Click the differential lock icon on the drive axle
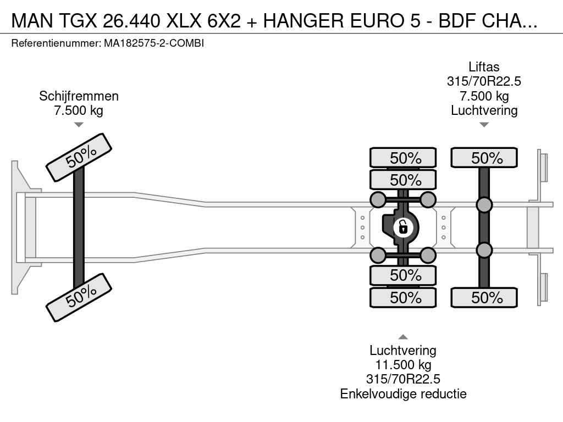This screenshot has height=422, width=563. [x=403, y=227]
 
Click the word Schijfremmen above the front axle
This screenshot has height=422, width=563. [x=79, y=96]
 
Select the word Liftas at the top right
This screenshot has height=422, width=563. [x=484, y=66]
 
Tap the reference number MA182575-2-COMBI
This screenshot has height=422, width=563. [x=154, y=43]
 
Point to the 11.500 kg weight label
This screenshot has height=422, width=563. [x=403, y=365]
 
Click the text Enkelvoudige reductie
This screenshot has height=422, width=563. [x=403, y=394]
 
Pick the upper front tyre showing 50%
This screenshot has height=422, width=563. [x=79, y=158]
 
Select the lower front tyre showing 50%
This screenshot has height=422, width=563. [x=79, y=297]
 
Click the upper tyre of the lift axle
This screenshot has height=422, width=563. [x=484, y=158]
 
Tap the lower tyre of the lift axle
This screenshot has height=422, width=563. [x=484, y=297]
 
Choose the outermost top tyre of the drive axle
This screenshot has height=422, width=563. [x=403, y=158]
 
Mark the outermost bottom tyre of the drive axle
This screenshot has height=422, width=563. [x=403, y=297]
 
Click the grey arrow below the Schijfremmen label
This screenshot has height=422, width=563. [x=79, y=125]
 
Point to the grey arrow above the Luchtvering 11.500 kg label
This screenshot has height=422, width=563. [x=403, y=337]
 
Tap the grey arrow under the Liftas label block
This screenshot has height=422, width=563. [x=484, y=125]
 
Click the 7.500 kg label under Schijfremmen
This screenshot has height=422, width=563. [x=79, y=110]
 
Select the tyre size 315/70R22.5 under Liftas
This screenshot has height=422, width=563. [x=484, y=81]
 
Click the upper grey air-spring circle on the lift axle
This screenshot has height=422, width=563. [x=484, y=205]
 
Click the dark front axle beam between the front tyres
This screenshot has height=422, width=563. [x=79, y=227]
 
